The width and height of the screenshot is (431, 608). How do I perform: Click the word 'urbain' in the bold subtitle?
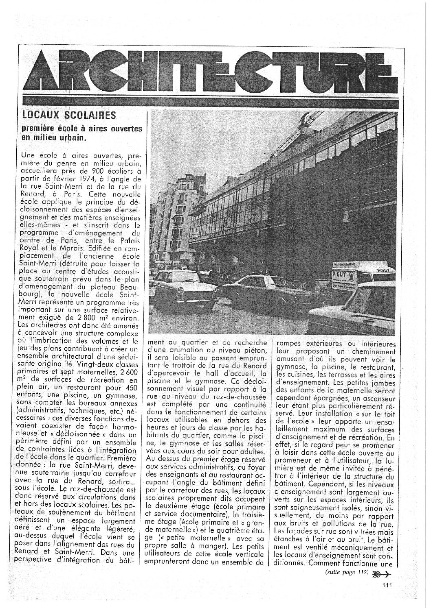pyautogui.click(x=73, y=137)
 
